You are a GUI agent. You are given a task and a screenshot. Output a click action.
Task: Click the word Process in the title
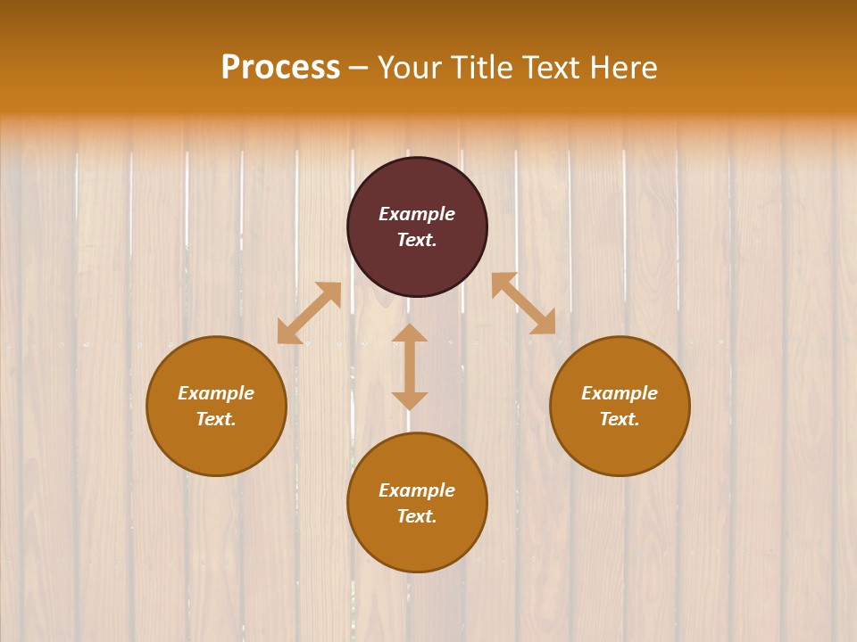tap(280, 68)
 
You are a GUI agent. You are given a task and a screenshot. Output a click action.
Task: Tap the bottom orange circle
tap(417, 544)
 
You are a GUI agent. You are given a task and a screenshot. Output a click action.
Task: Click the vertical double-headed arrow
tap(410, 366)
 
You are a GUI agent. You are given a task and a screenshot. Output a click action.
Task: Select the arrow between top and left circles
tap(309, 313)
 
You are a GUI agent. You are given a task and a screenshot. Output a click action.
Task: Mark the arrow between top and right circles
tap(523, 303)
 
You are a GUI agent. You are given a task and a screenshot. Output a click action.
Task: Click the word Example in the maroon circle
tap(417, 214)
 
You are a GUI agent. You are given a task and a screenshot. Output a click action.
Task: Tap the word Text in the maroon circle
tap(417, 240)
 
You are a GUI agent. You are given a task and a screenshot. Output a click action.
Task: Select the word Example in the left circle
tap(216, 393)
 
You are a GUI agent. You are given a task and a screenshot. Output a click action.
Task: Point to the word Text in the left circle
tap(216, 419)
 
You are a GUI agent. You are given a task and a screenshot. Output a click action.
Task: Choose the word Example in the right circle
tap(620, 393)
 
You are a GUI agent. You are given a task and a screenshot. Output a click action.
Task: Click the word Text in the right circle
tap(620, 419)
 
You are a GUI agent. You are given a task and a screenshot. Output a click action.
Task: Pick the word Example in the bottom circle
tap(417, 490)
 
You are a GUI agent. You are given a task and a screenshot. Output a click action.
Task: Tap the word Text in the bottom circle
tap(417, 516)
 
